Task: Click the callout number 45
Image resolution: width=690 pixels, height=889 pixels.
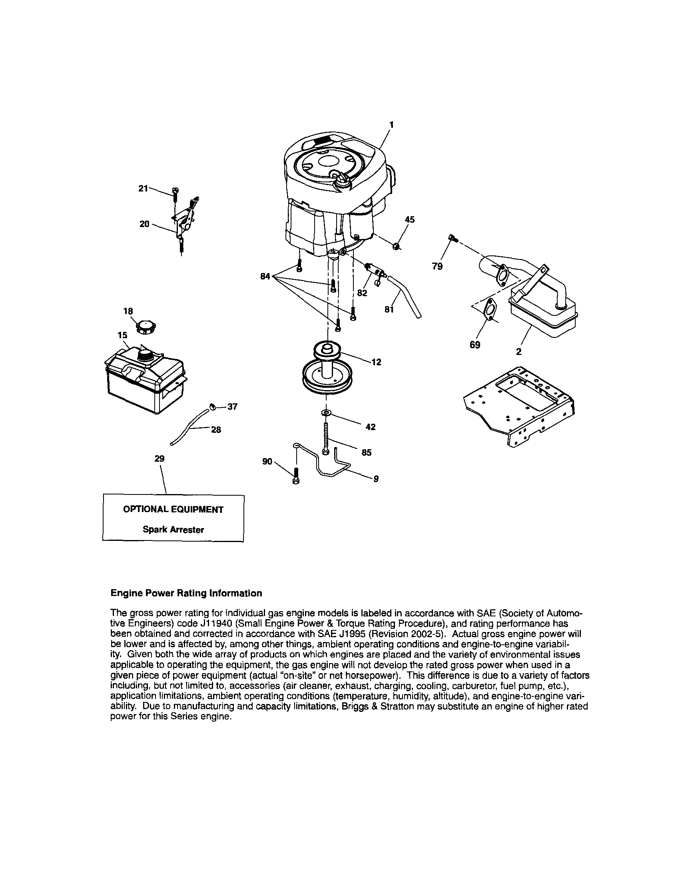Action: point(409,220)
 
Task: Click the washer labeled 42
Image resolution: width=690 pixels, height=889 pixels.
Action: point(326,413)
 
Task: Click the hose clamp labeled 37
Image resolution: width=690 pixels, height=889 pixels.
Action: point(212,406)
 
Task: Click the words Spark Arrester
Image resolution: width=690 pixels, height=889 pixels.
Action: point(173,530)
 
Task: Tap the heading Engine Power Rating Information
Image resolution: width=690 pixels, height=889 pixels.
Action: point(186,593)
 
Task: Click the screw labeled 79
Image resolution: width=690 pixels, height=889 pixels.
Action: point(452,237)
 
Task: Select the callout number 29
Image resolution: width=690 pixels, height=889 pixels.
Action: point(160,459)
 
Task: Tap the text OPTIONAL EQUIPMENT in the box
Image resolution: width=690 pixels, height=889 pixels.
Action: point(173,510)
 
